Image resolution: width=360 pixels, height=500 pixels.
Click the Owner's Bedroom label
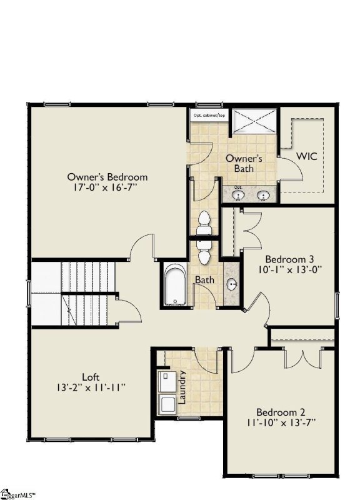click(107, 177)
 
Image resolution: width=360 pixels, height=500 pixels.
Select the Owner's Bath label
click(244, 164)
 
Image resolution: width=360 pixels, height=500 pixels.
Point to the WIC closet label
click(307, 156)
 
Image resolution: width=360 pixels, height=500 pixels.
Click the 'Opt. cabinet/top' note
click(209, 116)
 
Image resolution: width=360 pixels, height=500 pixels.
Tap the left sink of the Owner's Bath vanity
click(238, 196)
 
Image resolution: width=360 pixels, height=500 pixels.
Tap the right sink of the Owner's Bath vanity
click(264, 196)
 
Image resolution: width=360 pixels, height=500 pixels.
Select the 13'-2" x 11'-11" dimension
click(91, 387)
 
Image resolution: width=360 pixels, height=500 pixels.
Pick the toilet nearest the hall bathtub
click(204, 256)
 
